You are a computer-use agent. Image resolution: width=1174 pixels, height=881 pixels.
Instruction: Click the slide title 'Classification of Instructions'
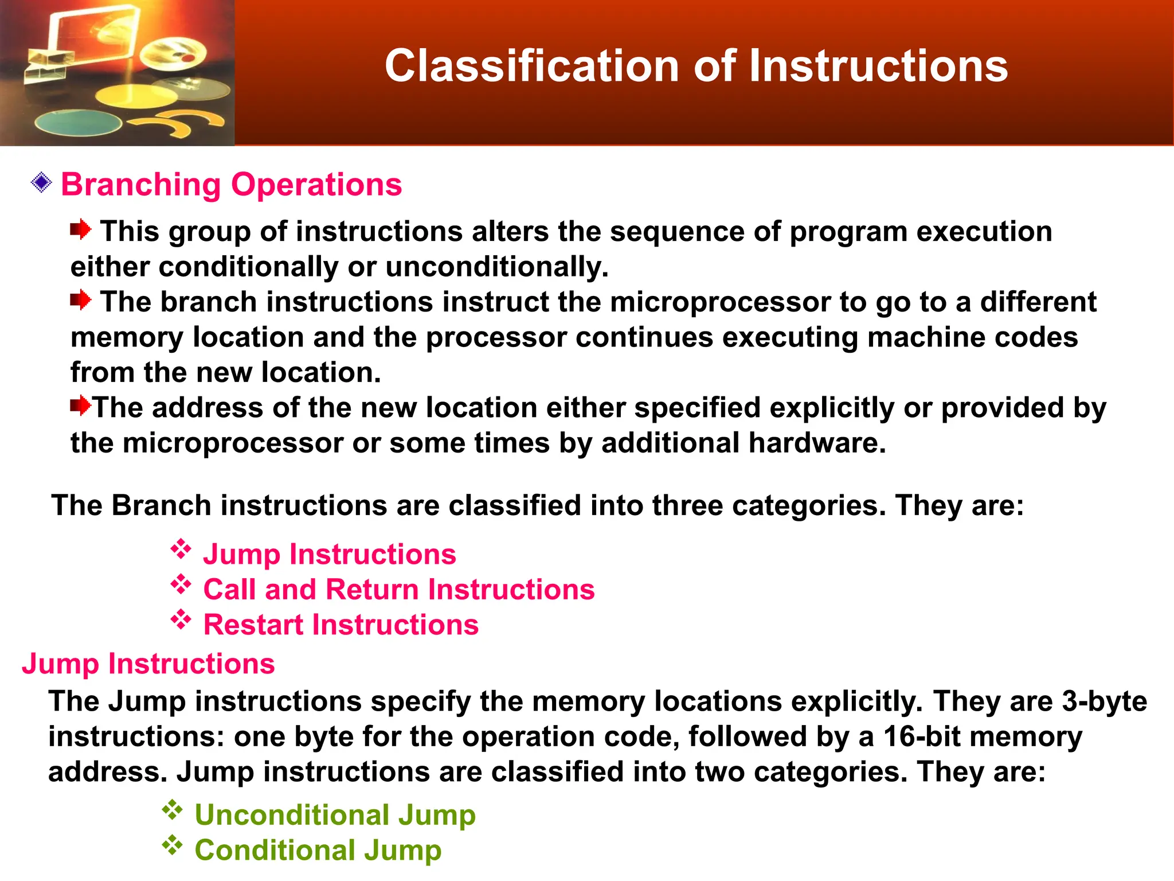tap(696, 65)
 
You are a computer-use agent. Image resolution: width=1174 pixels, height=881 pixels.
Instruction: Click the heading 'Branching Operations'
tap(232, 185)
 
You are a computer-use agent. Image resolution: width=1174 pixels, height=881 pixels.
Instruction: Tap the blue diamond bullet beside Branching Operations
tap(41, 183)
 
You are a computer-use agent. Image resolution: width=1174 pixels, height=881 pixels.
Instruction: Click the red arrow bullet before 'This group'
tap(80, 230)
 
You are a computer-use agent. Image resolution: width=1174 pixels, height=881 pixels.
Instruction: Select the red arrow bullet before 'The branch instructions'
tap(80, 300)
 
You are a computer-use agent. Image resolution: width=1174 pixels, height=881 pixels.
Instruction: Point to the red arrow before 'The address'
tap(80, 406)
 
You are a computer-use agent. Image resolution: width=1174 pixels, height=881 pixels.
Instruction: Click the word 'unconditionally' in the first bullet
tap(496, 267)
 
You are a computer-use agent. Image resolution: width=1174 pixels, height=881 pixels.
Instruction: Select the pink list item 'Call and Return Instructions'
tap(399, 590)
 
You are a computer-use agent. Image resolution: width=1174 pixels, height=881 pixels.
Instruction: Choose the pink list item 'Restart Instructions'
tap(341, 625)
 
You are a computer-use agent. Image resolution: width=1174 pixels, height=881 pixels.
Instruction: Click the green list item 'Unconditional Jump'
tap(335, 815)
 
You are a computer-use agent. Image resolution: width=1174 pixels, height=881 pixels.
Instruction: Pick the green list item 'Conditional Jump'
tap(318, 850)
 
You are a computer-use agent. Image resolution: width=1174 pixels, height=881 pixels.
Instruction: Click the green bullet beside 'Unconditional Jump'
tap(172, 810)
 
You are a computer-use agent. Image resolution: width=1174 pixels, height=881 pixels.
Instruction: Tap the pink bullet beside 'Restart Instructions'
tap(181, 620)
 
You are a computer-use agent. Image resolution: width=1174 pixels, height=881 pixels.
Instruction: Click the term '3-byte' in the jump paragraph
tap(1104, 701)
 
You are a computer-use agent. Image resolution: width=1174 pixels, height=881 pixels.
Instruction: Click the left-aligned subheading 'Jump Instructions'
tap(148, 664)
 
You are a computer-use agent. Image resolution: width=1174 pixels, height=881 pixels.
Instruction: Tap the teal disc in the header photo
tap(77, 122)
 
